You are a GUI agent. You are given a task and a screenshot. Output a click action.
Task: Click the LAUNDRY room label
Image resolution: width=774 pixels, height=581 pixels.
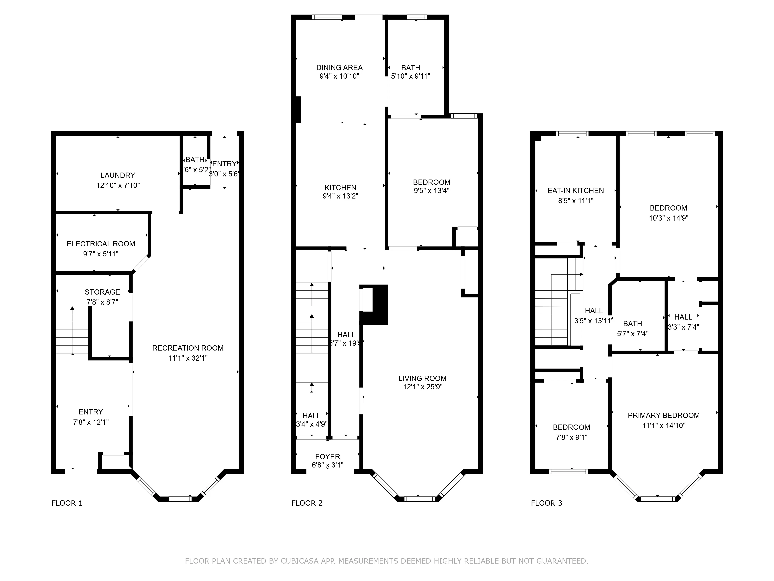click(x=118, y=175)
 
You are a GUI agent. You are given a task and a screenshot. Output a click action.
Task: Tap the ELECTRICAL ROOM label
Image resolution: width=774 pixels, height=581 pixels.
click(x=101, y=244)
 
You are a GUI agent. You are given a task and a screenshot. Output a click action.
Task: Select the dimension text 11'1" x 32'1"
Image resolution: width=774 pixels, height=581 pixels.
click(x=188, y=358)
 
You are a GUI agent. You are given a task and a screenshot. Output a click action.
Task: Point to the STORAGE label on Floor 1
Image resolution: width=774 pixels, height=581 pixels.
click(x=102, y=292)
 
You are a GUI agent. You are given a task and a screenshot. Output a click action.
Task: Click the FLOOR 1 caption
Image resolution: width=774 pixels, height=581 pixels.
click(x=67, y=503)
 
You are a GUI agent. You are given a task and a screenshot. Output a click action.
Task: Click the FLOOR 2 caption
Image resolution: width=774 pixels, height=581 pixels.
click(x=307, y=503)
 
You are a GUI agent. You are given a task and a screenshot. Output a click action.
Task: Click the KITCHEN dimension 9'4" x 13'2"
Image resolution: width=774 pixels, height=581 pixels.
click(x=340, y=196)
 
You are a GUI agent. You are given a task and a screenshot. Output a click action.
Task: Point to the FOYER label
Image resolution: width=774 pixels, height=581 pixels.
click(x=328, y=457)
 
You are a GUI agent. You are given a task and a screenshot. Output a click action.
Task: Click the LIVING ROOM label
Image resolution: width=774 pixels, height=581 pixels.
click(x=422, y=378)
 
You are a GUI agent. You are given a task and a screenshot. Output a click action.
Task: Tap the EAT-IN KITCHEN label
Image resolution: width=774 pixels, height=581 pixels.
click(x=576, y=191)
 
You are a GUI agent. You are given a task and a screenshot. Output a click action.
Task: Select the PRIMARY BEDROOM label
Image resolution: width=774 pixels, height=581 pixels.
click(x=664, y=415)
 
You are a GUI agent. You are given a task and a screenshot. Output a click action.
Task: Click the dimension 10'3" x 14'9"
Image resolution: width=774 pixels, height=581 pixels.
click(x=668, y=218)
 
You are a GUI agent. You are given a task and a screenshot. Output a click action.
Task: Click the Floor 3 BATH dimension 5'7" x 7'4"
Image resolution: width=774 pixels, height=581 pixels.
click(x=632, y=334)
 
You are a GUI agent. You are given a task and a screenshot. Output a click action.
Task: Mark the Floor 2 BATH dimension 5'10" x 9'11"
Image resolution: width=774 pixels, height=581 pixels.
click(x=410, y=76)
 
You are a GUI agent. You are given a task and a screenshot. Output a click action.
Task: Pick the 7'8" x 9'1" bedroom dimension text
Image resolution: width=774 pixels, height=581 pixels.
click(x=571, y=437)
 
